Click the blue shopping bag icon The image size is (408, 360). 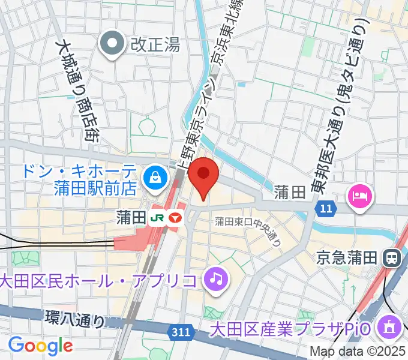click(x=155, y=178)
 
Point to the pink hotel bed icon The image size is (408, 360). click(x=359, y=196)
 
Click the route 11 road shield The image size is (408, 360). click(x=325, y=208)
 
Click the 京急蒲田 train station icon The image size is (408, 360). click(x=393, y=258)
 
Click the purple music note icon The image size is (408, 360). click(x=214, y=278)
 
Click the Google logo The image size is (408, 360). click(x=40, y=346)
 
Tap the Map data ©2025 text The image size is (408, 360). click(x=356, y=351)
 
